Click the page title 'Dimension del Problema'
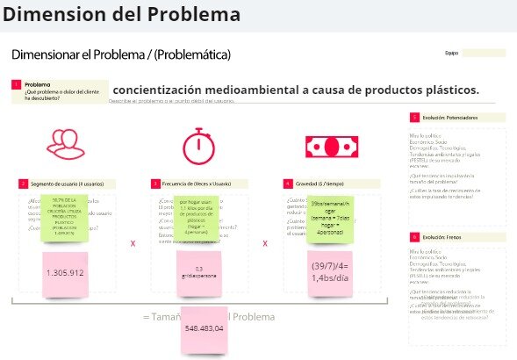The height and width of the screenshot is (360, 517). [120, 15]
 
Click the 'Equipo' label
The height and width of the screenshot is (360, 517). [452, 54]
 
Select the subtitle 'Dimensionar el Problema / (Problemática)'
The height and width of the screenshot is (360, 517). [121, 54]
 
